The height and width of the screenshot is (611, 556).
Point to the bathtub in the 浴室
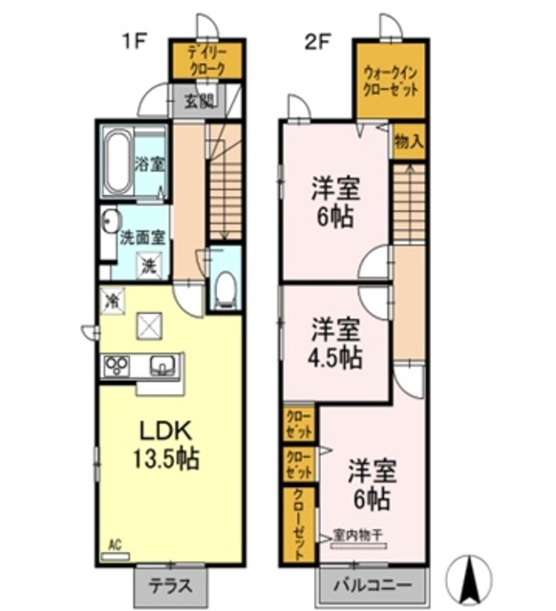pos(119,161)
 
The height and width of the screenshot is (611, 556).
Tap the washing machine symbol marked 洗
pos(150,264)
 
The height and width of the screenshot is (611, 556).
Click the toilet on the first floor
pos(225,287)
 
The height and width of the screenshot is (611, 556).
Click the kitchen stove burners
pos(118,366)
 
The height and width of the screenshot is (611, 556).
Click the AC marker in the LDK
pos(114,545)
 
